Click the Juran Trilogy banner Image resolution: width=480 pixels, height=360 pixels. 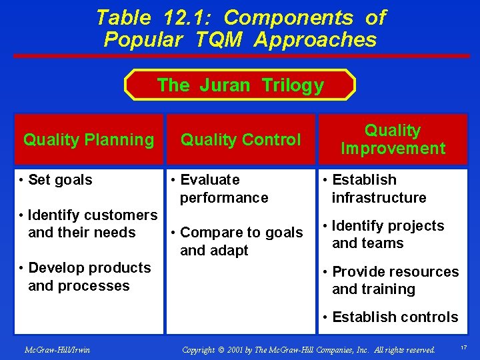240,85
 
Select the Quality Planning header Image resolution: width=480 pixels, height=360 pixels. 88,139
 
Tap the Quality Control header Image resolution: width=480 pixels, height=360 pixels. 241,139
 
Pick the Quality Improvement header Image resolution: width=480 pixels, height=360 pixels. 393,139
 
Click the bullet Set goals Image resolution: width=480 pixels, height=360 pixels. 60,180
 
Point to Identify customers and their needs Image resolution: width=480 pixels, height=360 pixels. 88,224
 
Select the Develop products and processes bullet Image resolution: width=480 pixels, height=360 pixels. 85,277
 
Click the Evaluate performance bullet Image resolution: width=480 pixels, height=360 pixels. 219,189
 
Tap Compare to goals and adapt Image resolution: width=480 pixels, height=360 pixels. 237,241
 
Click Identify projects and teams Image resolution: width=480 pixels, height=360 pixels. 383,235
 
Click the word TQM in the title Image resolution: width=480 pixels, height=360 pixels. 218,40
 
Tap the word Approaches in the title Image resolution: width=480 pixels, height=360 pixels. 315,40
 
